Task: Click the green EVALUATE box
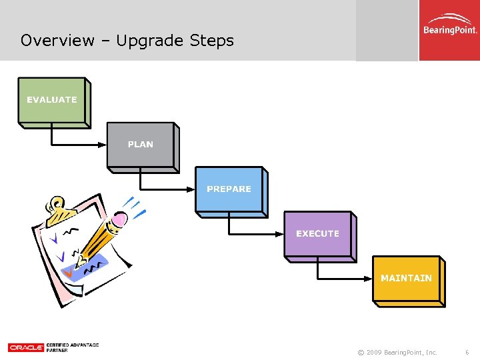[52, 100]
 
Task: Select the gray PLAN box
[140, 145]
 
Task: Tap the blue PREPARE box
[229, 189]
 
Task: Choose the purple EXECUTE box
[317, 234]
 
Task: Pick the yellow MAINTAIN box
[406, 279]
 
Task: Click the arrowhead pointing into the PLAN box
[103, 145]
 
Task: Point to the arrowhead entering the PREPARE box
[191, 189]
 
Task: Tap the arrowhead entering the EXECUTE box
[280, 234]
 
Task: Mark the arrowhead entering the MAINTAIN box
[369, 279]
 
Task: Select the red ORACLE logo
[26, 347]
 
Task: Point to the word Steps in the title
[212, 41]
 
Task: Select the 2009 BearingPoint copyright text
[397, 352]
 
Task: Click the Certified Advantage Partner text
[73, 347]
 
